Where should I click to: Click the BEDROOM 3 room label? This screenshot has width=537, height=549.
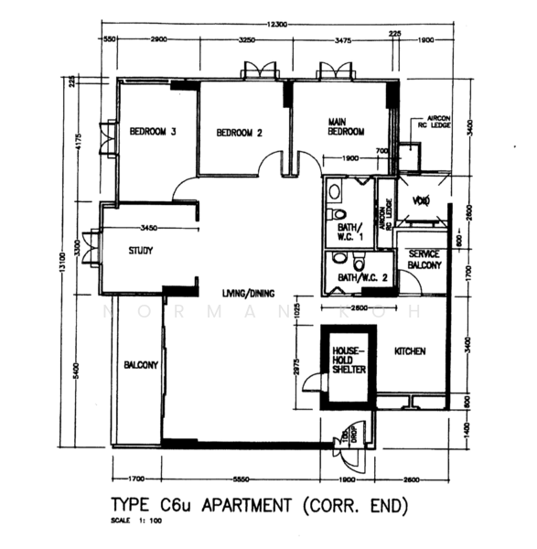[x=152, y=133]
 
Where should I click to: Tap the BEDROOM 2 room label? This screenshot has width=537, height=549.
[x=240, y=134]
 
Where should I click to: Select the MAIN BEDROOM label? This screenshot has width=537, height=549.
[x=347, y=125]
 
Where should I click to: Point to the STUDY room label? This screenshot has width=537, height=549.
[x=141, y=250]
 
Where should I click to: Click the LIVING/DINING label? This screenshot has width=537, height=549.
[x=249, y=294]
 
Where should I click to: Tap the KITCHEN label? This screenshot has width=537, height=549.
[x=409, y=351]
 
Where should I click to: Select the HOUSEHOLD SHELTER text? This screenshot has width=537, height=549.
[x=349, y=361]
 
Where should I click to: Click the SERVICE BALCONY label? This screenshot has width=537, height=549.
[x=425, y=260]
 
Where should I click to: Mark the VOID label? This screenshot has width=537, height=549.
[x=421, y=200]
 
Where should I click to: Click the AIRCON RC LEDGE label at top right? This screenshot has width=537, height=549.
[x=429, y=118]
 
